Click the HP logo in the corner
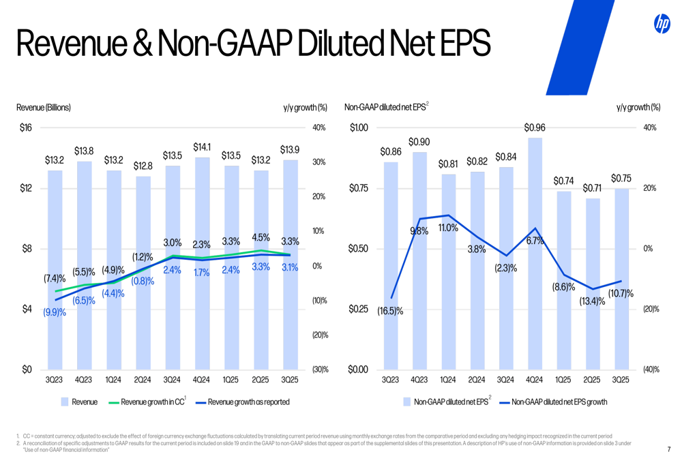pyautogui.click(x=662, y=24)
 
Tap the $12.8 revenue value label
pyautogui.click(x=143, y=166)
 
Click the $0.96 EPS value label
pyautogui.click(x=534, y=127)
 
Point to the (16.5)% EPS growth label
pyautogui.click(x=390, y=311)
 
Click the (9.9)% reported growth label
pyautogui.click(x=55, y=312)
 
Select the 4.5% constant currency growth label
pyautogui.click(x=261, y=238)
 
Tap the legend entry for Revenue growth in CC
pyautogui.click(x=152, y=402)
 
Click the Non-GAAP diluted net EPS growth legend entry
pyautogui.click(x=559, y=402)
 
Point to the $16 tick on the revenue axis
pyautogui.click(x=25, y=127)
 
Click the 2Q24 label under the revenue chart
pyautogui.click(x=143, y=380)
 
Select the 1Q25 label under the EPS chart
pyautogui.click(x=563, y=380)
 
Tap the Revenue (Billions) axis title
pyautogui.click(x=44, y=107)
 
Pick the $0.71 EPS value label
pyautogui.click(x=592, y=187)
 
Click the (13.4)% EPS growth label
pyautogui.click(x=592, y=301)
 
